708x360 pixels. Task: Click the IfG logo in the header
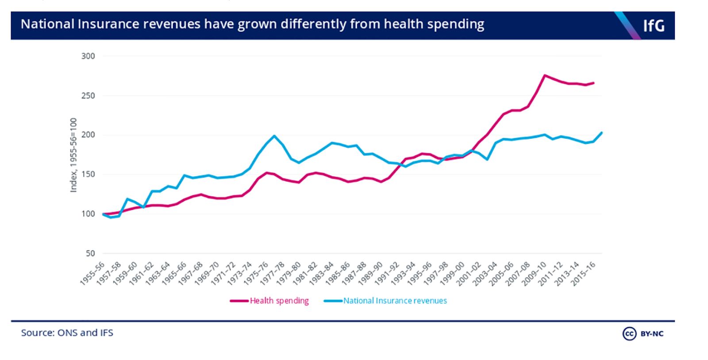(x=653, y=26)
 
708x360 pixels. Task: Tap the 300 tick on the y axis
(x=88, y=56)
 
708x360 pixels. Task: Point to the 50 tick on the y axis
(x=90, y=253)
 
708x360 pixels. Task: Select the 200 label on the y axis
(x=88, y=135)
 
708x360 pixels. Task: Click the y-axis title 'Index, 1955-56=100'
(x=73, y=155)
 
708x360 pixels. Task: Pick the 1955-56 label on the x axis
(x=92, y=273)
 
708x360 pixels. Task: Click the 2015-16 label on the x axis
(x=583, y=273)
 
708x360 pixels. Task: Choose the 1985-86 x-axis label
(x=338, y=273)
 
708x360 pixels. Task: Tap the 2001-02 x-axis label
(x=469, y=273)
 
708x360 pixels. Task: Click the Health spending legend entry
(x=279, y=301)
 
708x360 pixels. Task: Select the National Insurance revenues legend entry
(x=395, y=301)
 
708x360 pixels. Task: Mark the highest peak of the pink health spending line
(x=544, y=75)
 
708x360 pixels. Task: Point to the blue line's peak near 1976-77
(x=274, y=136)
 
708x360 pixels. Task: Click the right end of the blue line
(x=602, y=132)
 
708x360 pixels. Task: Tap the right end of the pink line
(x=594, y=83)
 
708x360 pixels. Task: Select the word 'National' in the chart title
(x=47, y=24)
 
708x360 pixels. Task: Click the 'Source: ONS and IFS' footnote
(x=67, y=333)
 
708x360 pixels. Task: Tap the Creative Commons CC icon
(x=629, y=333)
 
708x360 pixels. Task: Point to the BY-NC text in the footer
(x=652, y=334)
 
